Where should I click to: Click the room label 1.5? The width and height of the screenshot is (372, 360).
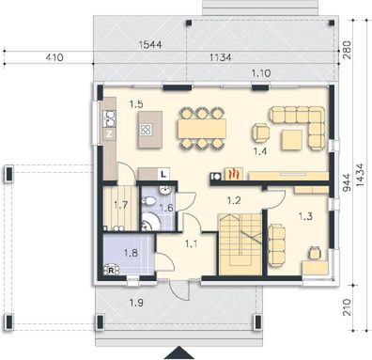point(136,104)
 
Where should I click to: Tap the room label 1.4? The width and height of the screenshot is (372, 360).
point(259,149)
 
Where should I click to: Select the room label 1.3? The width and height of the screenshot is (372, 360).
point(306,216)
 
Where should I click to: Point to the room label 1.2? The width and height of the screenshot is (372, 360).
point(235,198)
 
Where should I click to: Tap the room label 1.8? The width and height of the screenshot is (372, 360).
point(131,253)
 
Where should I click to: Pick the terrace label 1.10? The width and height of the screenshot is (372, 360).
point(261,72)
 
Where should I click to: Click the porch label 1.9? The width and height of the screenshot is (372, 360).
point(136,302)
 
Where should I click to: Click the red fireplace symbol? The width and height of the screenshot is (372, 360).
point(238,174)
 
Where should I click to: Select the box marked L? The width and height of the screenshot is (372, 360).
point(163,173)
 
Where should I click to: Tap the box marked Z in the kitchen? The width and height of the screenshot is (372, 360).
point(109,133)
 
